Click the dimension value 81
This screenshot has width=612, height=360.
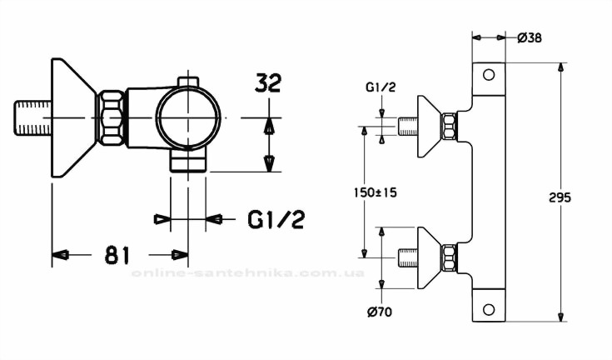[x=117, y=255]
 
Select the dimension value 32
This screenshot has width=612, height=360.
[x=268, y=82]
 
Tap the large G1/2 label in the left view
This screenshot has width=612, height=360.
[x=276, y=219]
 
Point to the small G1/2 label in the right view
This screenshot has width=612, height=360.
[x=381, y=87]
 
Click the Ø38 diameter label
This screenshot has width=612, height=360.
[x=530, y=37]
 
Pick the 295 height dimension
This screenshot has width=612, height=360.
[x=560, y=197]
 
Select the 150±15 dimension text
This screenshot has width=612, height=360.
[x=375, y=192]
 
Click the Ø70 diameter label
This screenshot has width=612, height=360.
[x=380, y=312]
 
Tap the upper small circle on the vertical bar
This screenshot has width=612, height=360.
[x=489, y=74]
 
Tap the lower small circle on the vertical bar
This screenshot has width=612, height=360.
[x=489, y=310]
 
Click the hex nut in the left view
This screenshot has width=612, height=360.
[x=111, y=117]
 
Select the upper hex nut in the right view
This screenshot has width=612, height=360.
[x=449, y=126]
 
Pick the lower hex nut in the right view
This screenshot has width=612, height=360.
[x=449, y=257]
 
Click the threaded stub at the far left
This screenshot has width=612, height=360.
[x=32, y=118]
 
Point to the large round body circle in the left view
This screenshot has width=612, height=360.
[x=188, y=117]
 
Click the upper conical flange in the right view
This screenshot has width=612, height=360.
[x=430, y=126]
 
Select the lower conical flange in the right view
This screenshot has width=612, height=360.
[x=430, y=257]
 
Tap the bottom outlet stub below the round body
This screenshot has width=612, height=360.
[x=188, y=161]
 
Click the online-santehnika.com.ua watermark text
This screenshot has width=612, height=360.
[x=248, y=273]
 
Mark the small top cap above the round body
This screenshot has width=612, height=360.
[x=188, y=82]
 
